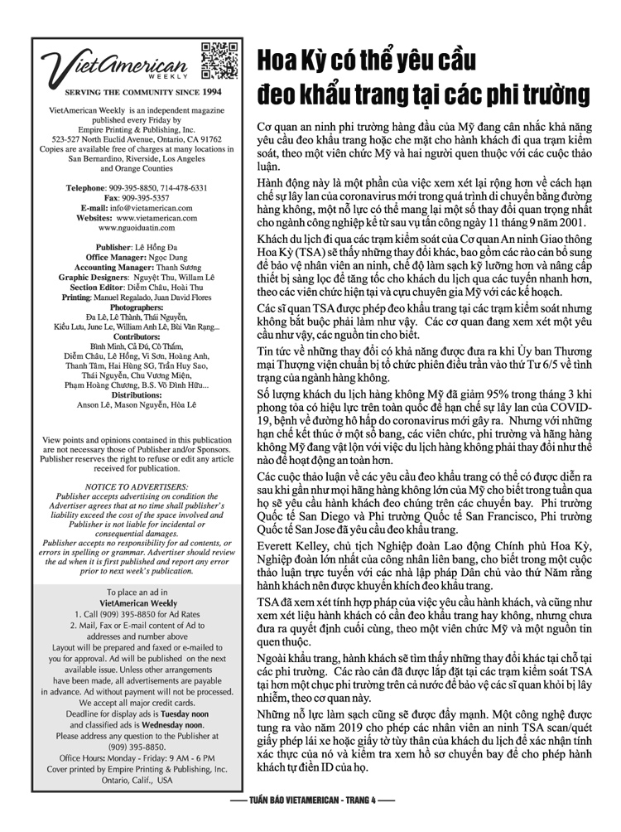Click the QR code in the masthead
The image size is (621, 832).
[218, 60]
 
